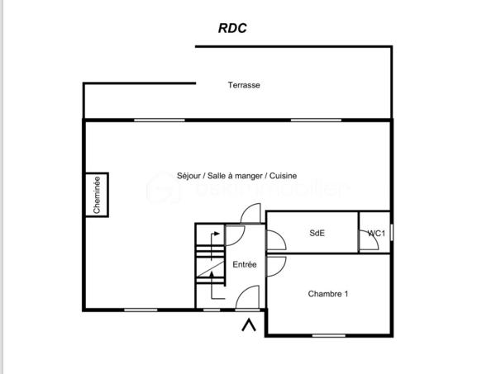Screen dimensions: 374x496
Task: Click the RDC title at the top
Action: (232, 27)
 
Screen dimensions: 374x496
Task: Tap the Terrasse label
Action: (244, 85)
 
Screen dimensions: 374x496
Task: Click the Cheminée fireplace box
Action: (97, 196)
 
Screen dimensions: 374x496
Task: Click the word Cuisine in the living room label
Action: (283, 176)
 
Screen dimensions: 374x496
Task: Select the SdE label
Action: (317, 233)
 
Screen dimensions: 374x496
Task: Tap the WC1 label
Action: (376, 234)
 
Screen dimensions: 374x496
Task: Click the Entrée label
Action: (244, 265)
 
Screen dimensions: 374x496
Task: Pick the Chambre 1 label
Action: (328, 294)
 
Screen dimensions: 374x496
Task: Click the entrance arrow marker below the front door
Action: (247, 326)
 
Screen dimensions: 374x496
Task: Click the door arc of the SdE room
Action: (276, 240)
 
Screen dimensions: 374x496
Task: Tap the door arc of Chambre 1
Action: (276, 266)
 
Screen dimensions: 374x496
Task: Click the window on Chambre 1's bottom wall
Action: (328, 335)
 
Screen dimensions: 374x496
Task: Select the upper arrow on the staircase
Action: (214, 239)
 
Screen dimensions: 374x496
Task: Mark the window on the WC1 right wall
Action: (392, 234)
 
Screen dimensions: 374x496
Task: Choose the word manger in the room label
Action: (248, 176)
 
